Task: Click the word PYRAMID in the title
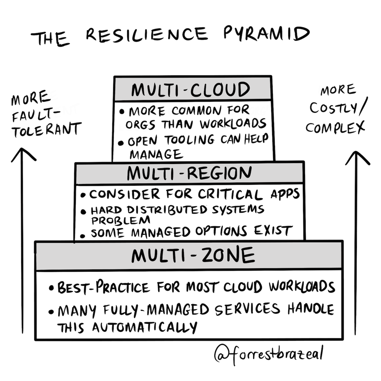(x=266, y=34)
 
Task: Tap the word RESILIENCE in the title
(x=146, y=34)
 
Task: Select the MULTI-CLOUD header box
(x=192, y=89)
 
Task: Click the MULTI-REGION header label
(x=189, y=173)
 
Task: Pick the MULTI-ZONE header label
(x=193, y=256)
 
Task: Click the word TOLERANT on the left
(x=47, y=130)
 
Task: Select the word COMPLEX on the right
(x=335, y=127)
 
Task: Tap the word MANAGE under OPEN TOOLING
(x=156, y=154)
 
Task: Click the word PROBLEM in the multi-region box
(x=121, y=220)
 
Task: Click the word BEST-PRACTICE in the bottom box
(x=104, y=287)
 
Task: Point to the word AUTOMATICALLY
(x=145, y=327)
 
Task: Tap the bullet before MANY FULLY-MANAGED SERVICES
(x=51, y=312)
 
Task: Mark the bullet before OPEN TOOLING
(x=121, y=143)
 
